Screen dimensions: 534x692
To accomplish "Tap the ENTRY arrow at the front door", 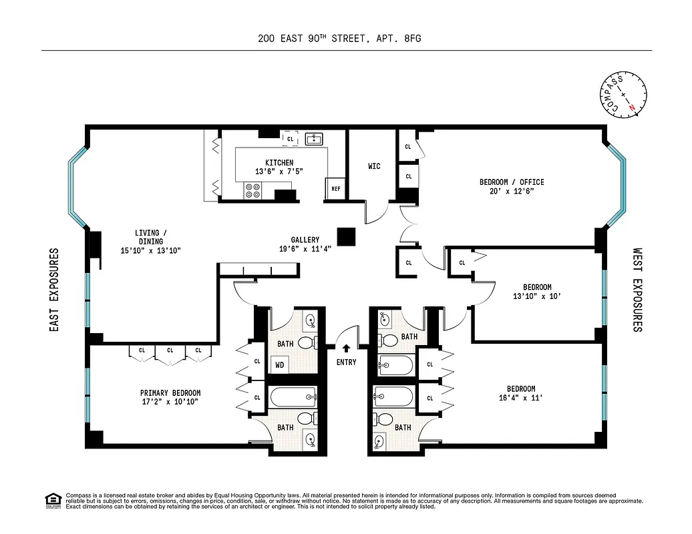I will point(346,348).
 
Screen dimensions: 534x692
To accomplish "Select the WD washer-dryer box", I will point(279,364).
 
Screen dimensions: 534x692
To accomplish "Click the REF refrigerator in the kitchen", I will point(336,189).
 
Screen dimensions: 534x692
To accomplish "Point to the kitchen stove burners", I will point(254,191).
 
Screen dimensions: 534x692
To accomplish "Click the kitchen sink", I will point(314,139).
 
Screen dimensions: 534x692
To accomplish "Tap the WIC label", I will point(374,166).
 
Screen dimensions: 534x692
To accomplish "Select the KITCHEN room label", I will point(279,163).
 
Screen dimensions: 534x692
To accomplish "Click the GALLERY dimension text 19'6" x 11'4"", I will point(305,249).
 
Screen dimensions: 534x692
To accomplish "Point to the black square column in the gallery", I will point(346,237).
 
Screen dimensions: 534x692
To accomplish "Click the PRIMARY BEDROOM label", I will point(170,393).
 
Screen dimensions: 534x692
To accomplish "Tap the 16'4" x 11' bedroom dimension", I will point(520,398).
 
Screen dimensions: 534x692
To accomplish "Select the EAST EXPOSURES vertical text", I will point(55,290).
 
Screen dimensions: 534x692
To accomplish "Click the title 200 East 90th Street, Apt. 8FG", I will point(339,39).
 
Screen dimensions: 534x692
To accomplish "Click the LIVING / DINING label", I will point(147,237).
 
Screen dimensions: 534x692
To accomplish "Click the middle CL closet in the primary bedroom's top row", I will point(170,350).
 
